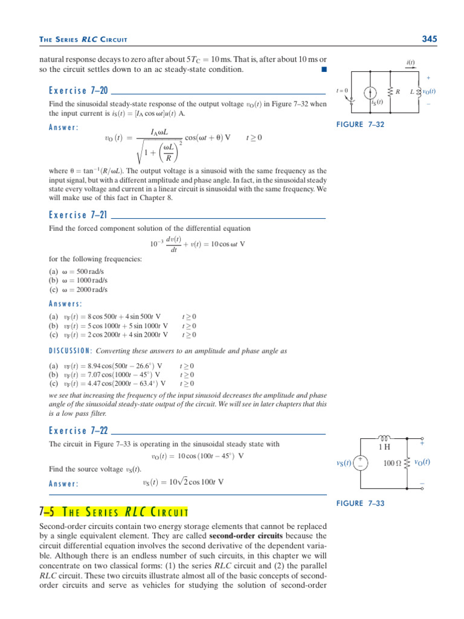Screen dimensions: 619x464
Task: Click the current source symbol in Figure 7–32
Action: click(x=369, y=92)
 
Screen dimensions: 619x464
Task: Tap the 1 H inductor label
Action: click(x=384, y=447)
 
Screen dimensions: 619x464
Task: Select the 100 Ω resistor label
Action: click(x=393, y=463)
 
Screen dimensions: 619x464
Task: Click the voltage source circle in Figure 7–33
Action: click(x=360, y=463)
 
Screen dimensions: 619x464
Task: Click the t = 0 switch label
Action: click(x=342, y=91)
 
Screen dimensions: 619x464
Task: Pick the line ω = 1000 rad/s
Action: click(x=79, y=280)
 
